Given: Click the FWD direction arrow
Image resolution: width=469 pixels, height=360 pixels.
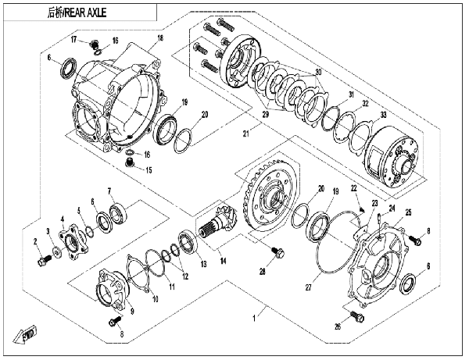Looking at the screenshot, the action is pos(25,335).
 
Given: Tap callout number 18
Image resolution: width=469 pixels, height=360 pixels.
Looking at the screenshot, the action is pos(160,38).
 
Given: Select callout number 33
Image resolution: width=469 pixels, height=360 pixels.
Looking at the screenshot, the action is pos(384,115).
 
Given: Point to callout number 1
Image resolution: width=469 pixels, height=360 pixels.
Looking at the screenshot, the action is pos(254,319).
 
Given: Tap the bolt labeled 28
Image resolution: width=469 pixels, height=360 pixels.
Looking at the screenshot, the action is pos(277,253).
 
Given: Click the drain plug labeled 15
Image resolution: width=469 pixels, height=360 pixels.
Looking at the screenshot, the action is pos(130,163).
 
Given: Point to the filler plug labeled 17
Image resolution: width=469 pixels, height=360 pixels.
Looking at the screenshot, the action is pos(95,45).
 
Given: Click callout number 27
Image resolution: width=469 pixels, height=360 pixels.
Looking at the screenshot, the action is pos(308,287).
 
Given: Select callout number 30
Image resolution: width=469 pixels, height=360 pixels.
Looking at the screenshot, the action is pos(318,72).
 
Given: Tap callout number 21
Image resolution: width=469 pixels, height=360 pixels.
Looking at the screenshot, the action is pos(246,134).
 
